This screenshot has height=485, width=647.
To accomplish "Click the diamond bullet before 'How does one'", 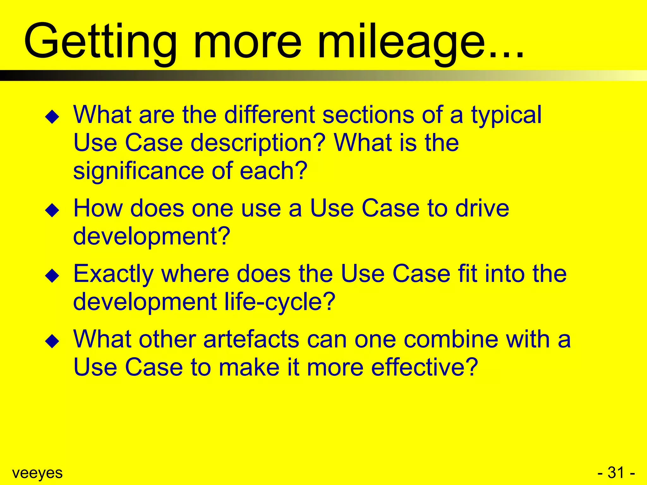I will tap(52, 210).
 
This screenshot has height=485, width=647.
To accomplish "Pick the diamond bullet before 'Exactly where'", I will tap(52, 275).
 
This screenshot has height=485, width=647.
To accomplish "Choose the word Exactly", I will tap(113, 274).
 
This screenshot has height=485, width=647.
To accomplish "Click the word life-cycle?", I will tap(280, 302).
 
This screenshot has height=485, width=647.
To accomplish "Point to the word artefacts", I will tap(251, 339).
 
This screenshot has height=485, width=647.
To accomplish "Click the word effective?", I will tap(424, 367).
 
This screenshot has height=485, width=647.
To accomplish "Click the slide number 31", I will tap(616, 473).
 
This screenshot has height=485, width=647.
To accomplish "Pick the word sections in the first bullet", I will tap(368, 115).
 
